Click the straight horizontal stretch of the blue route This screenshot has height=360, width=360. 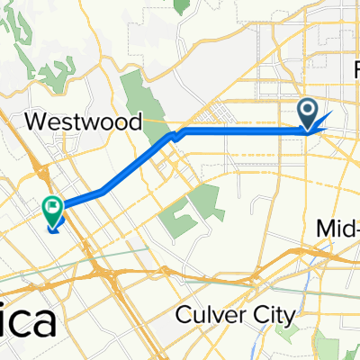click(243, 130)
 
